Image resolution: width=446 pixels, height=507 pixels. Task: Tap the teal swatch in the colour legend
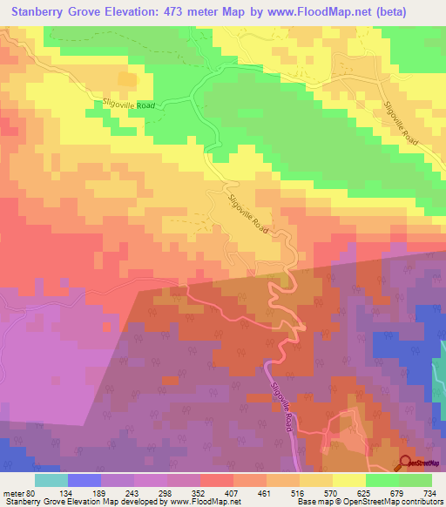[51, 480]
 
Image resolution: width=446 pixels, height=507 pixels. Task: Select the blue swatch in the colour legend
[84, 480]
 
